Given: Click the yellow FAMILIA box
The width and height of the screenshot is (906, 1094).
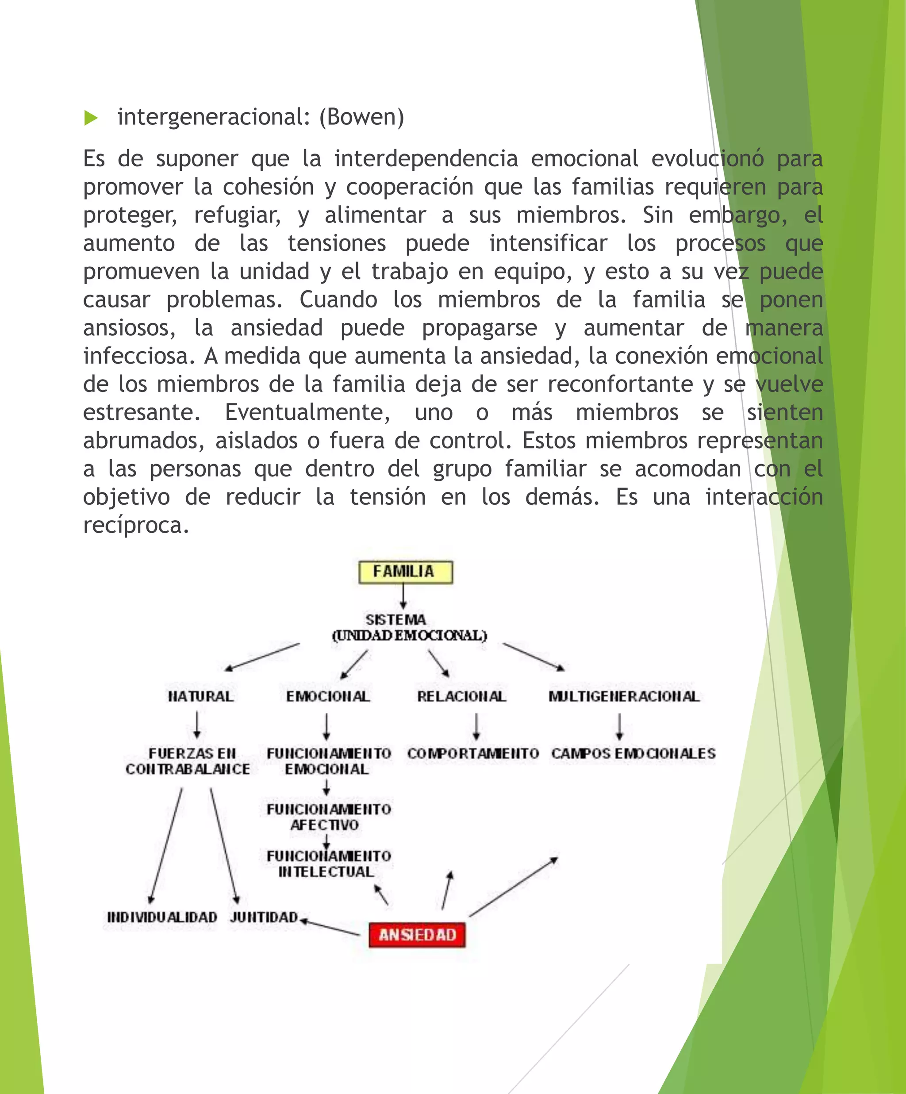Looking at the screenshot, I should pyautogui.click(x=405, y=572).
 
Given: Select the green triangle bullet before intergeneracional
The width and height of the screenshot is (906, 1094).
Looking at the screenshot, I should pyautogui.click(x=91, y=118).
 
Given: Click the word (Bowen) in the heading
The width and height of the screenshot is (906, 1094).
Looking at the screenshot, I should pyautogui.click(x=361, y=117).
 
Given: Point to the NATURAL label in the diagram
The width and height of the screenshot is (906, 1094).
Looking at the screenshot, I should pyautogui.click(x=200, y=696).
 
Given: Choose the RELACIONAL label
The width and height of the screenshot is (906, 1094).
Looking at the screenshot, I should pyautogui.click(x=461, y=696).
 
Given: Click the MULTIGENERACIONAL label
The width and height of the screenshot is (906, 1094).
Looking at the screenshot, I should pyautogui.click(x=624, y=696).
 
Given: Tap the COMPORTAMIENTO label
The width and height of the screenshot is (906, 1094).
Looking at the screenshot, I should pyautogui.click(x=472, y=753).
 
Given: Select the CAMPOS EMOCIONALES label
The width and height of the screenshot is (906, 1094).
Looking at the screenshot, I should pyautogui.click(x=633, y=753).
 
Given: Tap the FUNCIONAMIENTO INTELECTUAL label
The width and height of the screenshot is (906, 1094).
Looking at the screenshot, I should pyautogui.click(x=328, y=864).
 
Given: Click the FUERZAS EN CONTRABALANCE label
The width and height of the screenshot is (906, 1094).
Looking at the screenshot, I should pyautogui.click(x=188, y=761).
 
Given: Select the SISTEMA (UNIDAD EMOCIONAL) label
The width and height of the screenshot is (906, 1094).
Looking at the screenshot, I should pyautogui.click(x=409, y=627).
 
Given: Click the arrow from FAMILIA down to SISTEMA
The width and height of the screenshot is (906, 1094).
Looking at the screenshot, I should pyautogui.click(x=403, y=596).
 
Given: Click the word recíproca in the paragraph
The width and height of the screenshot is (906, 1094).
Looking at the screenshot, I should pyautogui.click(x=135, y=525).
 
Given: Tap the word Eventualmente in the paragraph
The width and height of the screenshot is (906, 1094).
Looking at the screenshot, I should pyautogui.click(x=307, y=413).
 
